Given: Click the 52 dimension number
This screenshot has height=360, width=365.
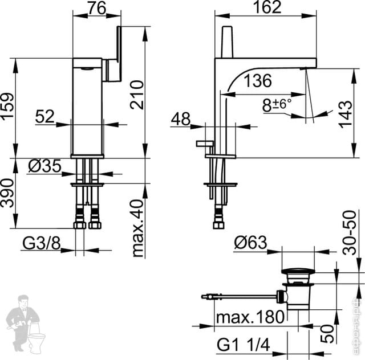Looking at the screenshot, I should point(44,116).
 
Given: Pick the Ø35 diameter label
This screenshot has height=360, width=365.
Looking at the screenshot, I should point(44,167).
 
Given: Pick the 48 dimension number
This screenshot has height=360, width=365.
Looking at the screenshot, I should point(181,119).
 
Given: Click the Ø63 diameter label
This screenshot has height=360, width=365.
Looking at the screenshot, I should point(250,243).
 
